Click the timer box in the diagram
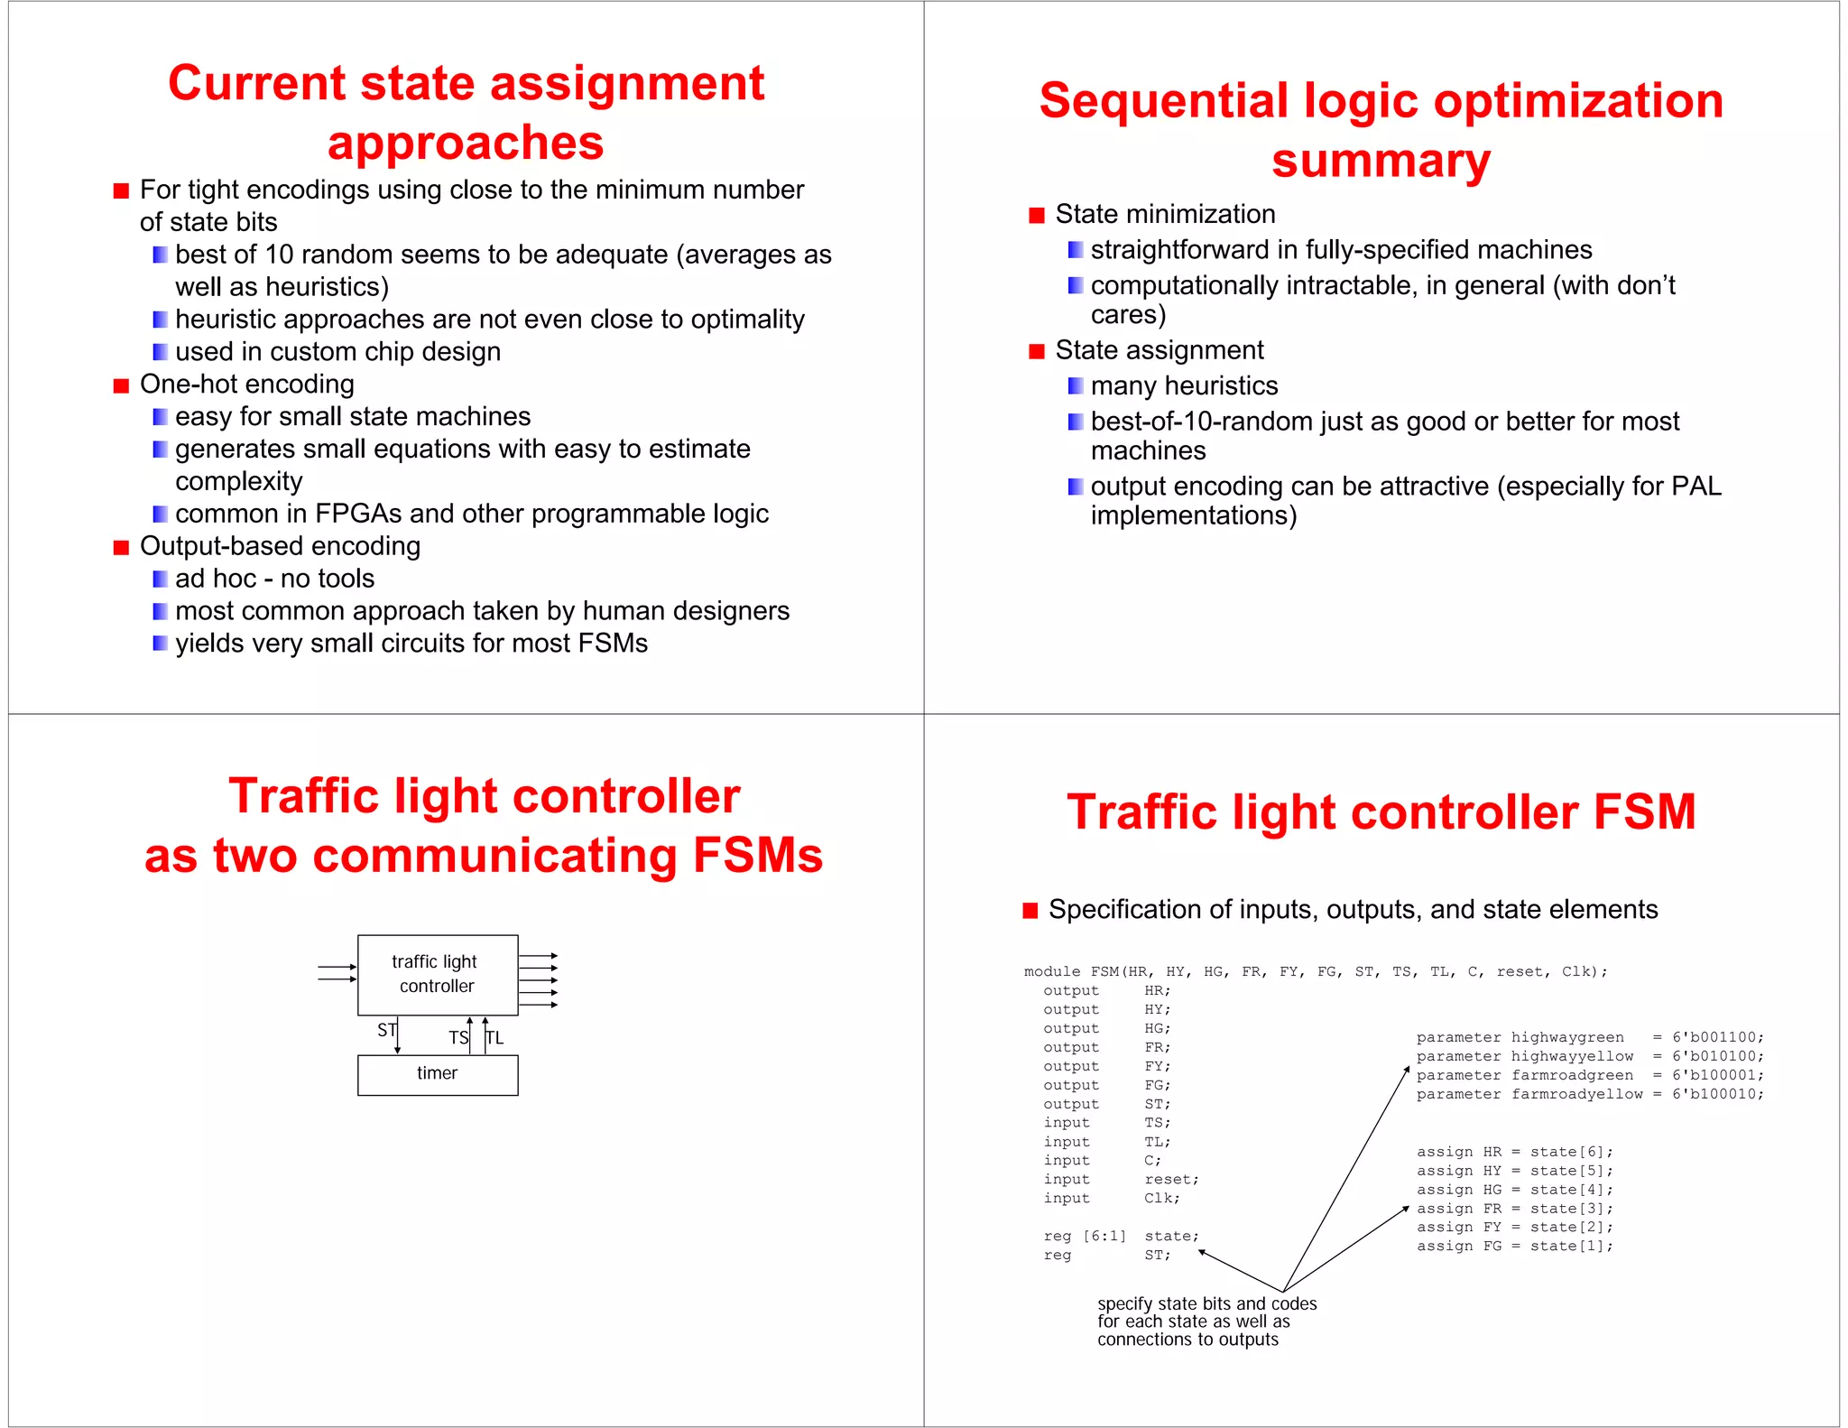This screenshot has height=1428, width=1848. [438, 1074]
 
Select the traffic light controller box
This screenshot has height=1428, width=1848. [438, 974]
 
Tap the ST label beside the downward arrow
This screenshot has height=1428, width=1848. [386, 1030]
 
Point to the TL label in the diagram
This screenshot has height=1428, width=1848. [495, 1038]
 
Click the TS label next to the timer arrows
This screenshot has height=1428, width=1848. [458, 1038]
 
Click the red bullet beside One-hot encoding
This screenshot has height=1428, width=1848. [121, 385]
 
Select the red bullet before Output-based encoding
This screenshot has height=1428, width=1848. [121, 547]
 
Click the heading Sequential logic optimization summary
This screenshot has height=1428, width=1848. [1381, 130]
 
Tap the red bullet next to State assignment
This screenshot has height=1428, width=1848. [1036, 351]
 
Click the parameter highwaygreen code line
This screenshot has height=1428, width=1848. [1589, 1037]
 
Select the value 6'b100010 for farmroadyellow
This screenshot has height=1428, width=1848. [1718, 1094]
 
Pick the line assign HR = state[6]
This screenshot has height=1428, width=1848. [1514, 1152]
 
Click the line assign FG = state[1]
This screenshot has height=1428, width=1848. [1514, 1246]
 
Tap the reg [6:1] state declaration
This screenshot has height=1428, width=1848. [1121, 1236]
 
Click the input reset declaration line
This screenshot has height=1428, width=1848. [1121, 1179]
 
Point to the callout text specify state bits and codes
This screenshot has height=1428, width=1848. [1206, 1303]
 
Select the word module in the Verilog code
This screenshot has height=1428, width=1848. [1051, 971]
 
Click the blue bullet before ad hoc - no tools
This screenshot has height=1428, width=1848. [160, 579]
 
